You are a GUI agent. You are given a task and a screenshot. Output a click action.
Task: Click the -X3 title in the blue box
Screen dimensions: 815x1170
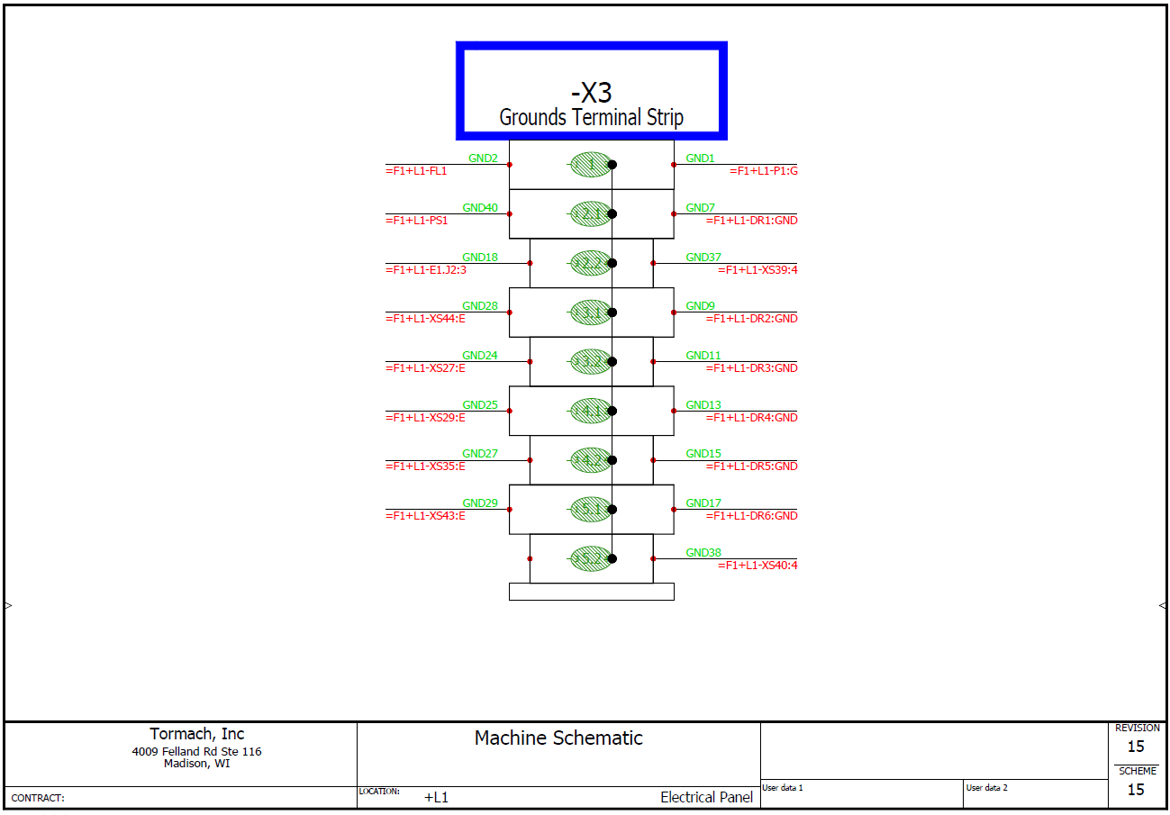coord(591,92)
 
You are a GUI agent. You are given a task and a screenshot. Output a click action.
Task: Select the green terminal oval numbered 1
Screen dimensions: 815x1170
coord(590,164)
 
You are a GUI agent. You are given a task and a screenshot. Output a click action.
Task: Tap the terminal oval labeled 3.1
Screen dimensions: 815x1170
coord(590,312)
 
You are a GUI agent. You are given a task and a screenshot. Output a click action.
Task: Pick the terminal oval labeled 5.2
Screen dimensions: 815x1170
coord(590,558)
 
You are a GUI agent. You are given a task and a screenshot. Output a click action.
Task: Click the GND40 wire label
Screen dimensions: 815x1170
coord(480,208)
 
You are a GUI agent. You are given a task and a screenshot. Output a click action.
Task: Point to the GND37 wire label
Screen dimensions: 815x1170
coord(703,258)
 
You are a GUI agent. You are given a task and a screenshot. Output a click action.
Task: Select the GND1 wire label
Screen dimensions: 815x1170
coord(700,158)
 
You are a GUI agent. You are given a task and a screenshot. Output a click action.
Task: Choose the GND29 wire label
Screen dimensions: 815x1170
coord(480,503)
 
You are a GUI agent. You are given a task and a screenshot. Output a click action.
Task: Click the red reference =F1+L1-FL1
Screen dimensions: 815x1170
coord(416,170)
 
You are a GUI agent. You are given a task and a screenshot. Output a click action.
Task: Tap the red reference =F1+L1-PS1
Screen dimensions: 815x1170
coord(417,220)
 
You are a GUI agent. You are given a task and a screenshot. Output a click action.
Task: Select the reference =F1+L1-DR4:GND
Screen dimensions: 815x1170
coord(751,418)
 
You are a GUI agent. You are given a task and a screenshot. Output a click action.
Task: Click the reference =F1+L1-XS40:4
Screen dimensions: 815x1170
coord(757,566)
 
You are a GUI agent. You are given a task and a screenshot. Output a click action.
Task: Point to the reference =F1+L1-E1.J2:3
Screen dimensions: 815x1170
coord(426,269)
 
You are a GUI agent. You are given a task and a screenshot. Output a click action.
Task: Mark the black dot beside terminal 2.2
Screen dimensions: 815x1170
coord(612,263)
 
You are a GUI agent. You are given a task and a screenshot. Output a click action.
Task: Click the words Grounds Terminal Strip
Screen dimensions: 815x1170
coord(591,117)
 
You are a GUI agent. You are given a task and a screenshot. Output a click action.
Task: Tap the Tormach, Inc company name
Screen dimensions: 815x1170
coord(196,734)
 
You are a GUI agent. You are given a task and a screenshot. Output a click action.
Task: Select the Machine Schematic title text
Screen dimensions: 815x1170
coord(558,738)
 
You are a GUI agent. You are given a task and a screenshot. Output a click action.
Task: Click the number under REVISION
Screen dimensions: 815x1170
coord(1136,747)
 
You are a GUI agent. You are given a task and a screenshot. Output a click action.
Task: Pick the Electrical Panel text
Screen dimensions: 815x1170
coord(706,797)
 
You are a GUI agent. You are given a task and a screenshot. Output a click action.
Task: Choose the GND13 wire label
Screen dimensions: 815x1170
coord(703,405)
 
